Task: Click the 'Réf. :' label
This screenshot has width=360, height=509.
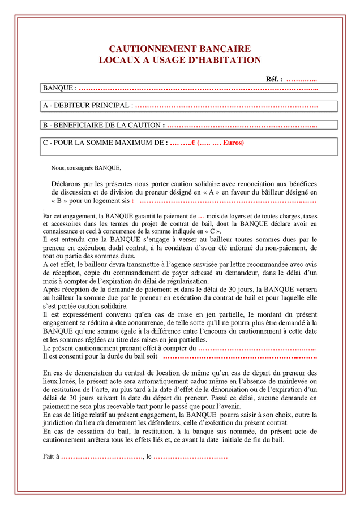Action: point(274,79)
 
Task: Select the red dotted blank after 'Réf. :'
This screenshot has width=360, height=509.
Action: point(301,79)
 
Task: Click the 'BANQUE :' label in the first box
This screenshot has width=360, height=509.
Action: point(59,88)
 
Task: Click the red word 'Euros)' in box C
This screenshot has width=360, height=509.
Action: point(233,143)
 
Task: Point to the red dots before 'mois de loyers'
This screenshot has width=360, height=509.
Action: point(201,216)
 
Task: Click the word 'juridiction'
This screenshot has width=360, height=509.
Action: point(59,423)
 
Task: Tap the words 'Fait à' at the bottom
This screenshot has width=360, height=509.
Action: point(51,456)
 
